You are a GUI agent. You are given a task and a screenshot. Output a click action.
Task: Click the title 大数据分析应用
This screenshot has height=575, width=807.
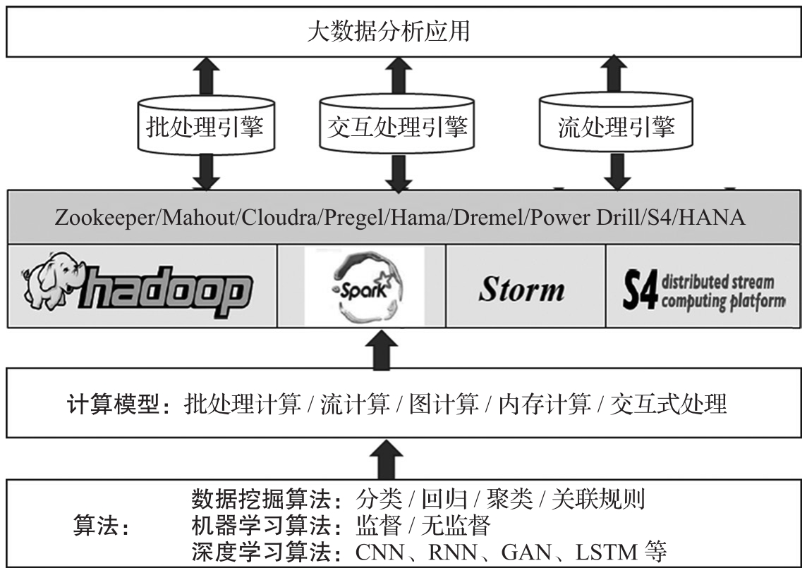[389, 32]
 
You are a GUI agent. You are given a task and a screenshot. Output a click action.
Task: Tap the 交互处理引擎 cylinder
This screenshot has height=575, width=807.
[398, 128]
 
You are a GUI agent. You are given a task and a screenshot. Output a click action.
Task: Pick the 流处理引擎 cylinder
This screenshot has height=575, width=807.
[616, 127]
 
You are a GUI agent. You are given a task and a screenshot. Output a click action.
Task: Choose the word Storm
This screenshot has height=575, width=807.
[521, 290]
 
